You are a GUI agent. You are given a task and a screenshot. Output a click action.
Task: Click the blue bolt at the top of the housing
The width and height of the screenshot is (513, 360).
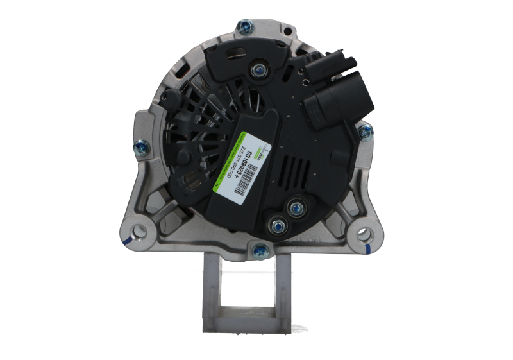[244, 26]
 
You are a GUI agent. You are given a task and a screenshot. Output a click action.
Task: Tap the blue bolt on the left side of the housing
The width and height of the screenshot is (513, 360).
[139, 149]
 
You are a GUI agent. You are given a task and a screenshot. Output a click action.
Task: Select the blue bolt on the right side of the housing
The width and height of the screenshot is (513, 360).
[365, 132]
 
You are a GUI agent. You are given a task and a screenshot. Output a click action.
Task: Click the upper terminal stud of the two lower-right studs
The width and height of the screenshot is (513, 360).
[297, 207]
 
